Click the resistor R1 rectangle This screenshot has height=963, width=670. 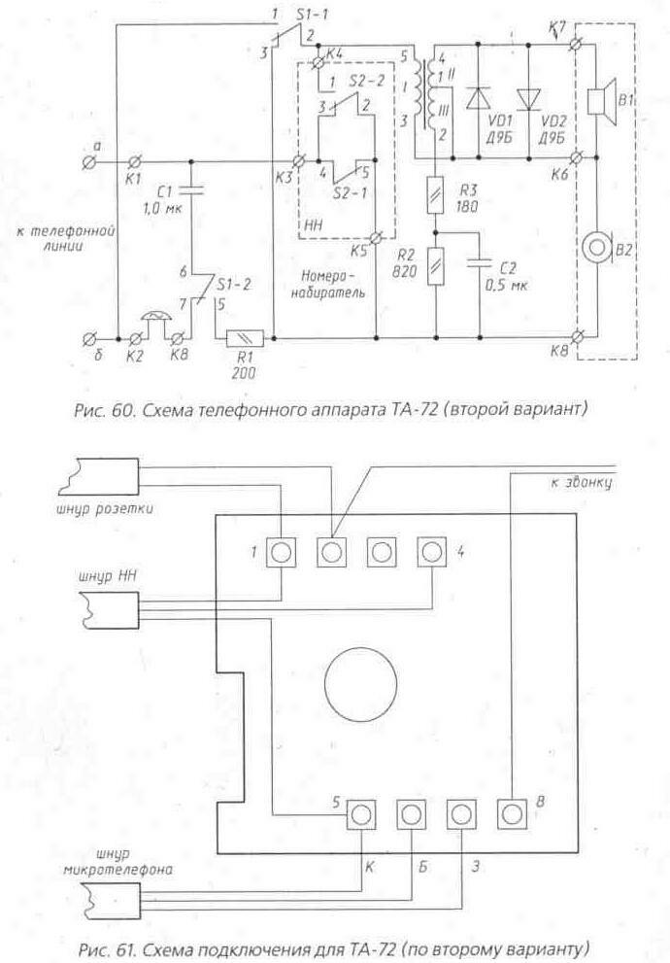pos(240,338)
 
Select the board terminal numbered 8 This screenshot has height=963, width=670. pos(510,810)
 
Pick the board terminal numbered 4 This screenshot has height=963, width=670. pos(432,552)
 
